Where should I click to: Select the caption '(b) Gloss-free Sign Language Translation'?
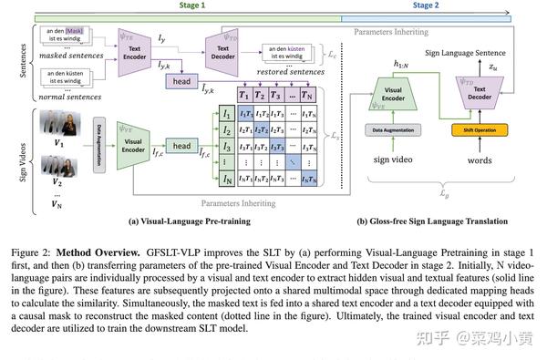(431, 222)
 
